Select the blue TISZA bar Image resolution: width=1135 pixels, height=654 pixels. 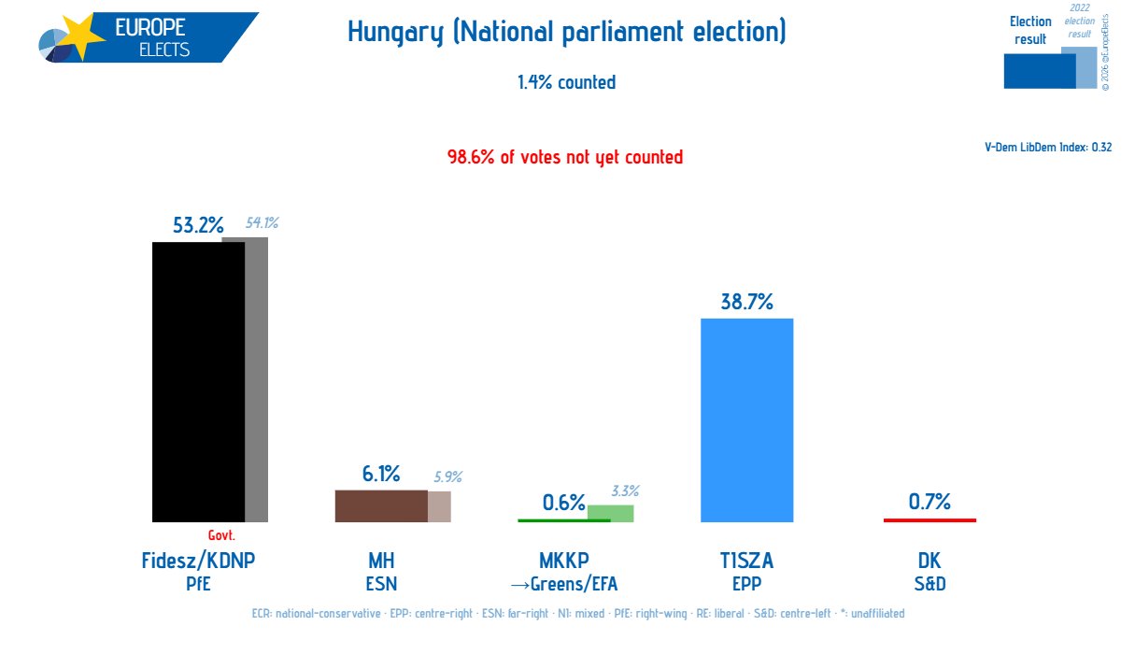click(746, 419)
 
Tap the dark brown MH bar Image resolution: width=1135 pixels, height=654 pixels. click(381, 505)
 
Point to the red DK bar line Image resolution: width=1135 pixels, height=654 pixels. click(929, 519)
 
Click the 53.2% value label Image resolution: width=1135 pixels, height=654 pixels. click(198, 225)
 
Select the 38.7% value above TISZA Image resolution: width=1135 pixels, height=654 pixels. click(746, 301)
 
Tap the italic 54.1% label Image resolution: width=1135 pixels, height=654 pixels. click(262, 223)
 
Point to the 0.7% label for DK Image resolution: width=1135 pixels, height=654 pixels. click(929, 502)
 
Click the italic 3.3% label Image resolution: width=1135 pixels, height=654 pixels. click(625, 491)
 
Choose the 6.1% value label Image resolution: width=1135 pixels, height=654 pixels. click(381, 475)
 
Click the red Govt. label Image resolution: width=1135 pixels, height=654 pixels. click(221, 536)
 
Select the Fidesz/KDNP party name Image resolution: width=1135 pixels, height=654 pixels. click(198, 561)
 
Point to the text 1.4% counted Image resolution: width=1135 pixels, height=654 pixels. click(566, 82)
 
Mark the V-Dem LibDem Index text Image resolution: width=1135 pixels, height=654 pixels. click(1048, 147)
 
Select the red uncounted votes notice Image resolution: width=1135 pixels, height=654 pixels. click(565, 157)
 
